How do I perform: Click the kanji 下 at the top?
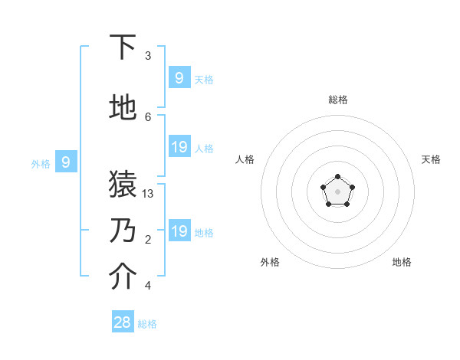123,47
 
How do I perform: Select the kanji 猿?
123,185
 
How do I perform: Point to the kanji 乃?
123,230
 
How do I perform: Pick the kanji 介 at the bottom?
123,277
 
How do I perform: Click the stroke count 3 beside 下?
148,56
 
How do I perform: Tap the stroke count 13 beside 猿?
149,194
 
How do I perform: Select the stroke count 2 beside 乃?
148,240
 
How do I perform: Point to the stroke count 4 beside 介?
148,286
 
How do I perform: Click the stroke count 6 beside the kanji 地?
148,116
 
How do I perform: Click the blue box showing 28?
123,322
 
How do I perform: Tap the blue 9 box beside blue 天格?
179,77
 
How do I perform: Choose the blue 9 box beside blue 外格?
66,162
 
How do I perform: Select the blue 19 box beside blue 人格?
179,147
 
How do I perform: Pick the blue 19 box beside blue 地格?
179,231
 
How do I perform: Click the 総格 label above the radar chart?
337,100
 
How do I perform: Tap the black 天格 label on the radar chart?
431,159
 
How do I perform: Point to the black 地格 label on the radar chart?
402,262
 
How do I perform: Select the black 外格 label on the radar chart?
270,262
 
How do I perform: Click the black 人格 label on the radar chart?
245,159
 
